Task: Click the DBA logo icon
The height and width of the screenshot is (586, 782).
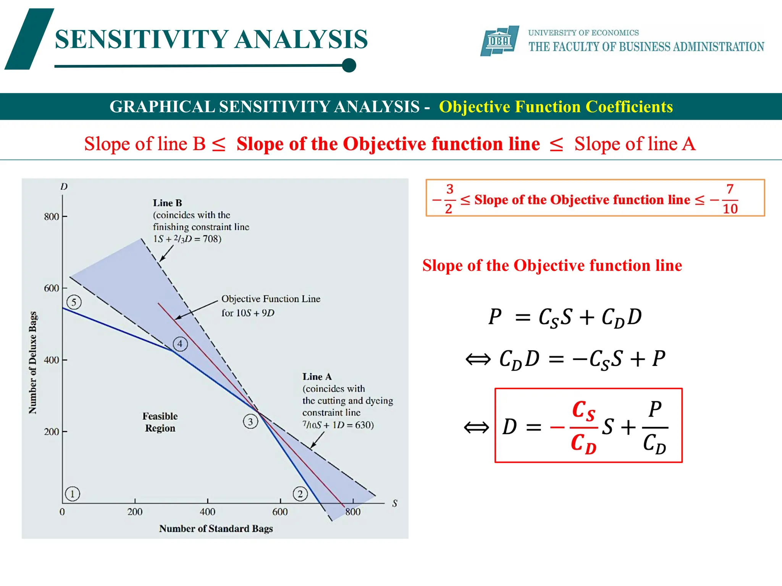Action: coord(499,41)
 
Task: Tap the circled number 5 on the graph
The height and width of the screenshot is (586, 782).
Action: coord(74,302)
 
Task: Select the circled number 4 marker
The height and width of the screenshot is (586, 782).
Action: coord(180,344)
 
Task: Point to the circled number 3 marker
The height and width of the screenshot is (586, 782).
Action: coord(250,421)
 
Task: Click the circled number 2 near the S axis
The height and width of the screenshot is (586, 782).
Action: coord(300,494)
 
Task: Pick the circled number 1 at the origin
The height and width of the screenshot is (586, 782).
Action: coord(72,494)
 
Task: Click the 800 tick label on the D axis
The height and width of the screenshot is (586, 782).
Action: coord(52,217)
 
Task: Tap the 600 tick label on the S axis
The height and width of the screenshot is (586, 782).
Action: coord(280,512)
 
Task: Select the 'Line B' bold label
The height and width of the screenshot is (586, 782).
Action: coord(167,203)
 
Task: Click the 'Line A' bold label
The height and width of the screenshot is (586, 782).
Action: coord(317,377)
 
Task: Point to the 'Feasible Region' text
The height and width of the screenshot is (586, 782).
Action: coord(160,422)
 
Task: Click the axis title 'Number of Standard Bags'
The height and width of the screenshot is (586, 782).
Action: coord(216,528)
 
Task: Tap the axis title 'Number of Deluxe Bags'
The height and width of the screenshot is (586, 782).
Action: coord(33,362)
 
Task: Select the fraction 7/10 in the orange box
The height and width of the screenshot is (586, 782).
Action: coord(730,199)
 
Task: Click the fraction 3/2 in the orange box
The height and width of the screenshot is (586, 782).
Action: coord(449,199)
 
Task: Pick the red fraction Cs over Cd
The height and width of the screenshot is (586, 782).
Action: coord(583,427)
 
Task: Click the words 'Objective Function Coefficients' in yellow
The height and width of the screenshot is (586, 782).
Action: coord(556,107)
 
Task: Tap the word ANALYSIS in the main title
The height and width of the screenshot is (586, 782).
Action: coord(301,39)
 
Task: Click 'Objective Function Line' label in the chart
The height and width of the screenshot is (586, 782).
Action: coord(271,299)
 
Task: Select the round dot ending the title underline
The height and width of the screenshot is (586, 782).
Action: coord(349,65)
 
